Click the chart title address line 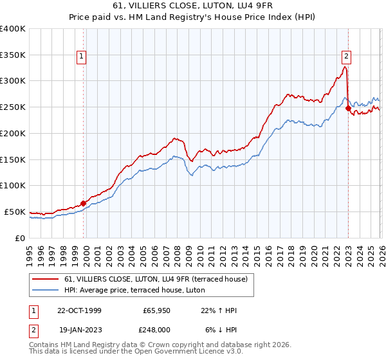(x=192, y=6)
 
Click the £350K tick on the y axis (x=13, y=55)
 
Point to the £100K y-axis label (x=13, y=186)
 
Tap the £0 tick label (x=20, y=238)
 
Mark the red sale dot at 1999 (x=84, y=203)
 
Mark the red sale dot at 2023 (x=348, y=109)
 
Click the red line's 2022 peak (x=345, y=67)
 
